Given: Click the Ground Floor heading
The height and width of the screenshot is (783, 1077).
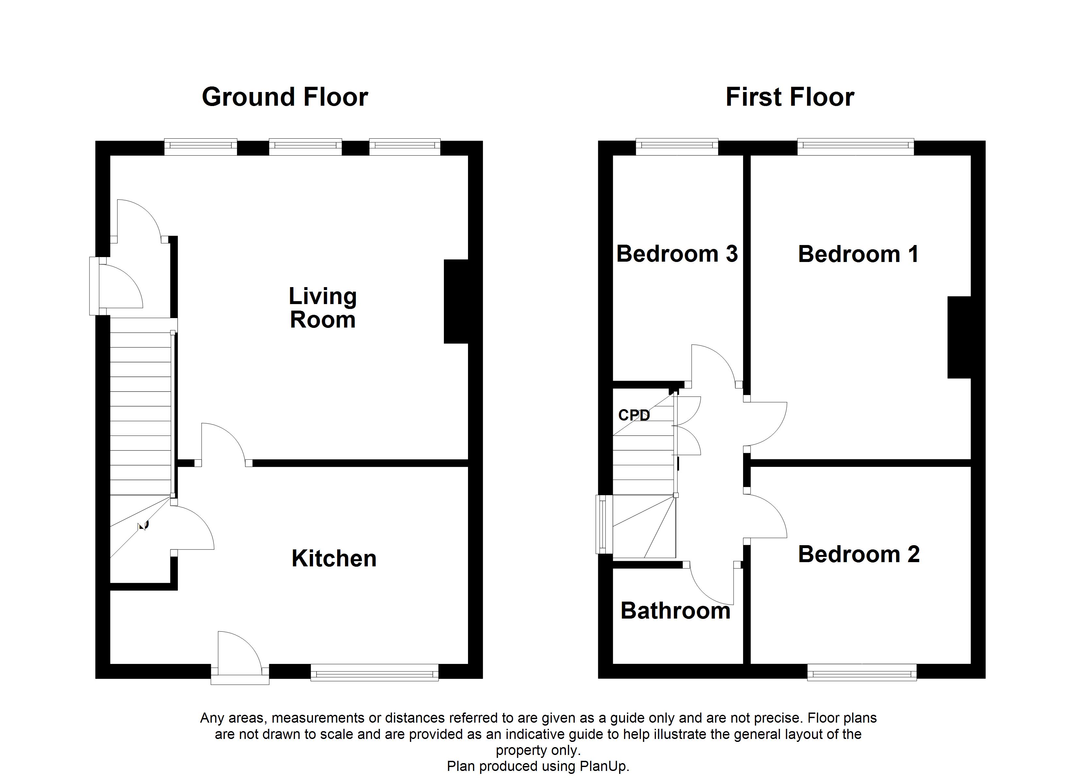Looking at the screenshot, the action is [285, 97].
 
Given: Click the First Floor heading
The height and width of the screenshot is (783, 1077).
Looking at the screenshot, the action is [790, 97].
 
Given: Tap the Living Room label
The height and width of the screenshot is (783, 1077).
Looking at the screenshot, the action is [323, 308].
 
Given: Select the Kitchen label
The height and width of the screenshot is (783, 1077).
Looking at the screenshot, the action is [334, 559].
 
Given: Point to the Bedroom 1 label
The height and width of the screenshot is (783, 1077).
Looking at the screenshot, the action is [858, 254].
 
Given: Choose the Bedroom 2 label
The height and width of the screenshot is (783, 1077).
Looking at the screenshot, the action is [859, 554].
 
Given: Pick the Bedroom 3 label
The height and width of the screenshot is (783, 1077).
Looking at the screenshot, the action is [677, 254].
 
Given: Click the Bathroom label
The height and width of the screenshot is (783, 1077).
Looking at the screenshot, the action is [675, 611].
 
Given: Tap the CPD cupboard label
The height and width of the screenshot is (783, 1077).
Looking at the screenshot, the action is [634, 415].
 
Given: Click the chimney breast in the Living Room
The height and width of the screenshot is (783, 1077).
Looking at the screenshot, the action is [456, 301].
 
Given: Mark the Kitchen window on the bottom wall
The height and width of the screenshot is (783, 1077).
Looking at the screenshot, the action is [375, 672].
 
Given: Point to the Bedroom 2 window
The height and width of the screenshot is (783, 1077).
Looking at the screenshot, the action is [862, 672].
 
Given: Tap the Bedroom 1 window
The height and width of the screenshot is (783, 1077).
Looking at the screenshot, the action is [856, 147].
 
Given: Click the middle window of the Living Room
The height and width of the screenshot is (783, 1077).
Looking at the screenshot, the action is [305, 147].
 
